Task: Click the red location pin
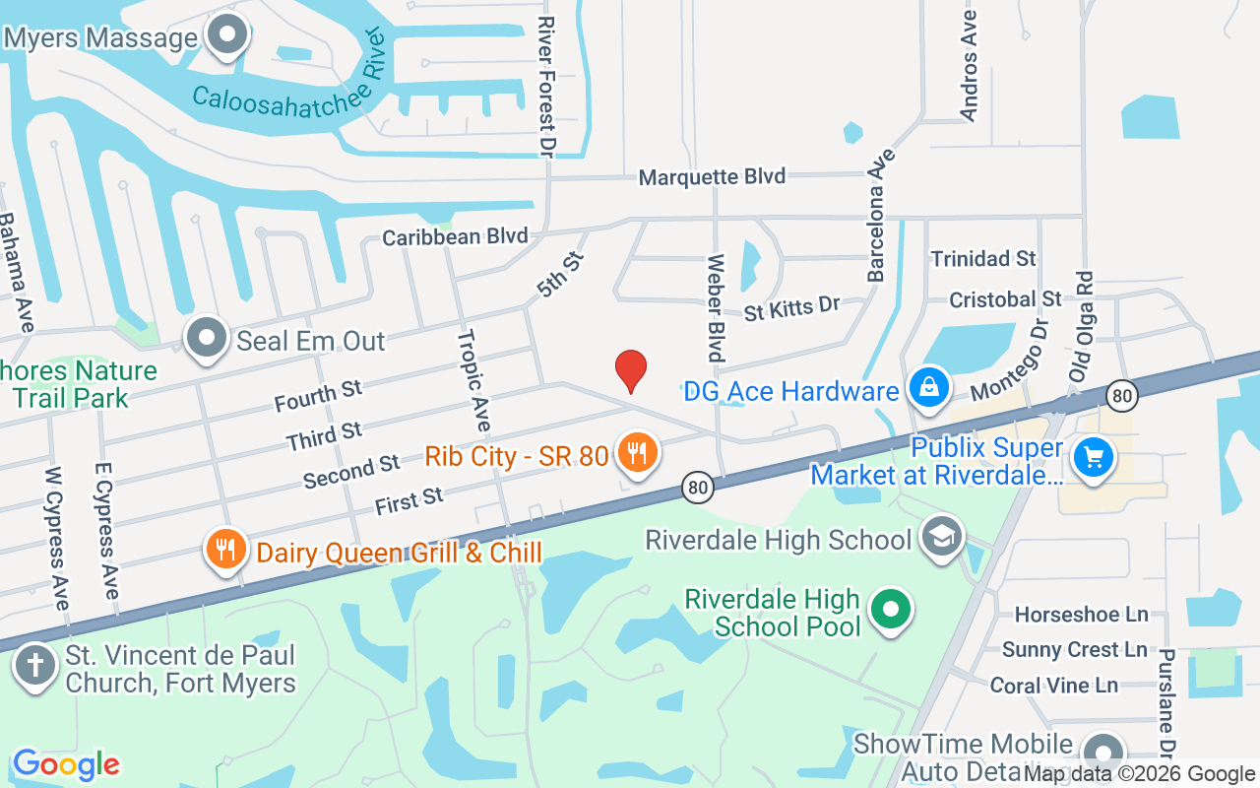click(x=630, y=371)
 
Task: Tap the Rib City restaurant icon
click(x=637, y=453)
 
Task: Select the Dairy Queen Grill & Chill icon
click(x=226, y=550)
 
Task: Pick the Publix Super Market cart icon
click(x=1093, y=457)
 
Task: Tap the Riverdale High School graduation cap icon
click(x=943, y=537)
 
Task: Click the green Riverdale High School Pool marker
click(x=891, y=609)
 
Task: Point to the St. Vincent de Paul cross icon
click(x=35, y=665)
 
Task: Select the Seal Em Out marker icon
click(x=207, y=339)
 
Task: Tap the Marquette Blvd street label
click(x=712, y=177)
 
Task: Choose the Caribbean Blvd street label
click(x=455, y=236)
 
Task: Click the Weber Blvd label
click(x=716, y=308)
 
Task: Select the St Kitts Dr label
click(x=791, y=309)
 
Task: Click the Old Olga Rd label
click(x=1081, y=326)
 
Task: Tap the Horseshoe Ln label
click(x=1081, y=615)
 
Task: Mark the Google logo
click(x=66, y=764)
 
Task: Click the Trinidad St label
click(x=983, y=259)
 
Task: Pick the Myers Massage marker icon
click(x=228, y=35)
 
